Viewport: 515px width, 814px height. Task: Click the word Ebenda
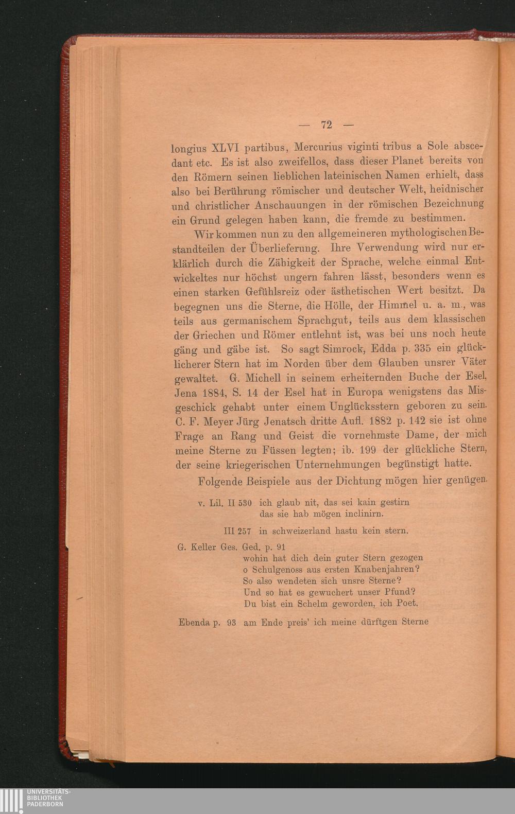[194, 622]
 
